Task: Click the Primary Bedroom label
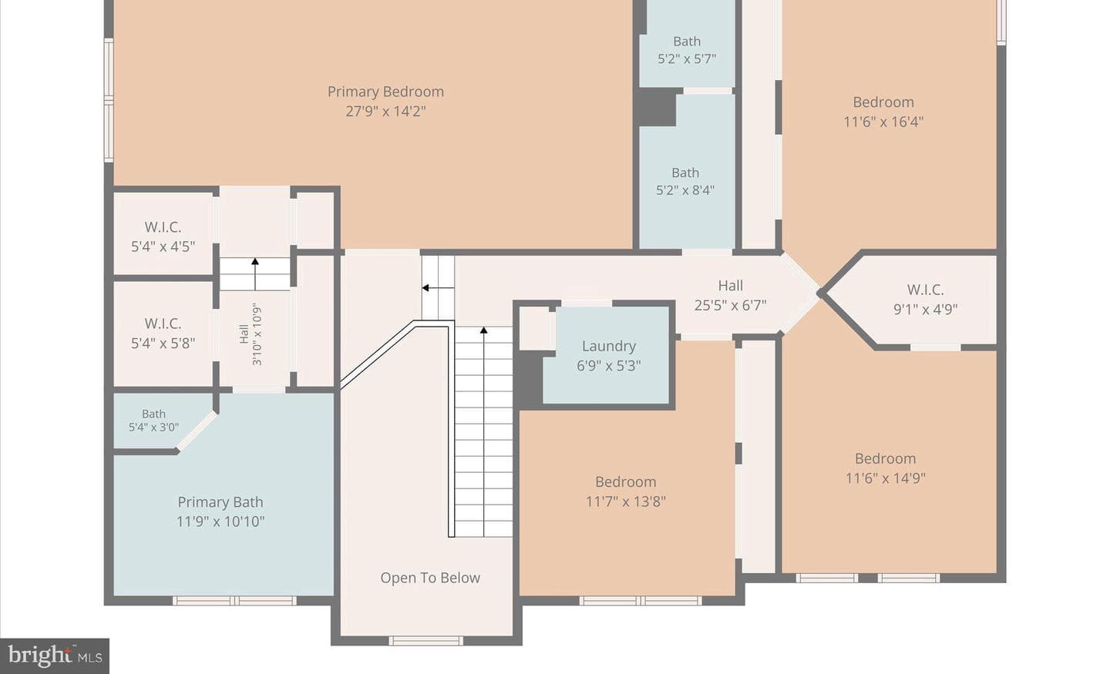pyautogui.click(x=385, y=92)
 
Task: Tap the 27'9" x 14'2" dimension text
pyautogui.click(x=385, y=111)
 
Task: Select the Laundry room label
pyautogui.click(x=608, y=346)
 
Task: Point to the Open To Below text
pyautogui.click(x=430, y=578)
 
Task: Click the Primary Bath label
pyautogui.click(x=220, y=502)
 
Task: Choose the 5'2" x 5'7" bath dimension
pyautogui.click(x=687, y=59)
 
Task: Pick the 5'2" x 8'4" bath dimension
pyautogui.click(x=685, y=190)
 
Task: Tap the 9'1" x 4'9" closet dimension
pyautogui.click(x=925, y=309)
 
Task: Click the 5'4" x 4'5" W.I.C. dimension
pyautogui.click(x=163, y=246)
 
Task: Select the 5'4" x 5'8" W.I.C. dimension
pyautogui.click(x=163, y=344)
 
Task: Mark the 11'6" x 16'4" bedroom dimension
pyautogui.click(x=883, y=122)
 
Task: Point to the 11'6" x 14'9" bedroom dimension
pyautogui.click(x=885, y=478)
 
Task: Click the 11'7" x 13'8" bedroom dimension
pyautogui.click(x=625, y=501)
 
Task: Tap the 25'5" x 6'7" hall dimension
pyautogui.click(x=730, y=305)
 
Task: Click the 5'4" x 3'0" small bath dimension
pyautogui.click(x=153, y=428)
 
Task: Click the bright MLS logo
pyautogui.click(x=55, y=656)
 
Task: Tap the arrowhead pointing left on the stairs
pyautogui.click(x=425, y=288)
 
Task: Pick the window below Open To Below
pyautogui.click(x=425, y=641)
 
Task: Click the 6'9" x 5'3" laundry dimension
pyautogui.click(x=608, y=365)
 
